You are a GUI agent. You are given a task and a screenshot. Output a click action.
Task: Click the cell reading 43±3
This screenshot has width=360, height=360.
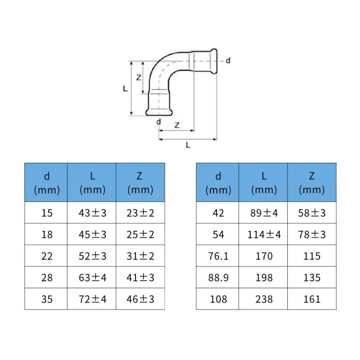click(x=92, y=213)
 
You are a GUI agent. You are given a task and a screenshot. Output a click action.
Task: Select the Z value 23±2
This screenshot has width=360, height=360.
click(x=140, y=213)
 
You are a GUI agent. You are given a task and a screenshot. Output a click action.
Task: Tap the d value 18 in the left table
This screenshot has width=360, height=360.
click(x=47, y=234)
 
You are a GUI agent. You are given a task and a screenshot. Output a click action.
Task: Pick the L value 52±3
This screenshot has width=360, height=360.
click(x=92, y=256)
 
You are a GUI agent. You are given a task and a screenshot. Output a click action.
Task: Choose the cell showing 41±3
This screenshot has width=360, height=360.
click(x=140, y=278)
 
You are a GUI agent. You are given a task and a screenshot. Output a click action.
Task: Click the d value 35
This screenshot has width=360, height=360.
click(x=47, y=299)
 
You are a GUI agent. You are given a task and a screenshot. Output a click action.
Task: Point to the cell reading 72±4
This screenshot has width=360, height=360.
click(x=92, y=299)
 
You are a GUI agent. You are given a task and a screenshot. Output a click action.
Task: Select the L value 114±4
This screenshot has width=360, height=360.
click(x=264, y=234)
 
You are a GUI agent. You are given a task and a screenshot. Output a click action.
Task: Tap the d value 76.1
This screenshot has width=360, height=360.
click(x=219, y=256)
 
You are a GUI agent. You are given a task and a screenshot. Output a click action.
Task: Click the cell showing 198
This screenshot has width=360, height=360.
click(x=264, y=278)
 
